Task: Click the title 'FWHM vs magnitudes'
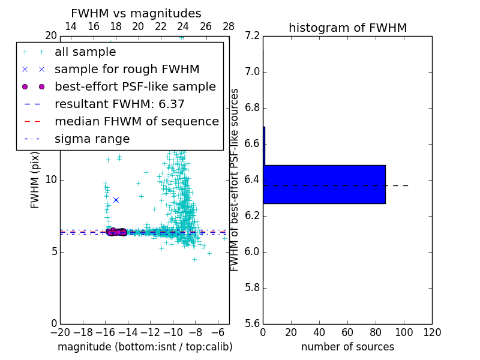click(x=136, y=13)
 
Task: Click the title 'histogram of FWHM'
click(x=347, y=28)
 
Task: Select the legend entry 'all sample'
click(x=85, y=52)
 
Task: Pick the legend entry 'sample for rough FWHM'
click(x=127, y=70)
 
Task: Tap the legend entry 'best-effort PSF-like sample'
click(x=135, y=87)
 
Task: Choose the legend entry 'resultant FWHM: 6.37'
click(x=119, y=104)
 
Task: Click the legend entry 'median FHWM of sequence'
click(x=136, y=122)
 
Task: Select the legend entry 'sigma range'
click(x=92, y=139)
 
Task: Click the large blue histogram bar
click(x=324, y=184)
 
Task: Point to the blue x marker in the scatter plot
click(x=116, y=200)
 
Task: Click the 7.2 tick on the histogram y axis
click(x=253, y=36)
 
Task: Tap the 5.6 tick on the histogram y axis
click(x=253, y=323)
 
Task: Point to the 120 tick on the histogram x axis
click(x=432, y=332)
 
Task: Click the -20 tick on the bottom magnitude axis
click(x=60, y=332)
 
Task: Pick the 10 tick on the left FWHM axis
click(x=50, y=180)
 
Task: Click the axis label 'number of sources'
click(x=347, y=347)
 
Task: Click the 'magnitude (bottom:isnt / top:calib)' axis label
click(x=145, y=347)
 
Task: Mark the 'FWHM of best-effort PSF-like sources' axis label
click(x=235, y=179)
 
